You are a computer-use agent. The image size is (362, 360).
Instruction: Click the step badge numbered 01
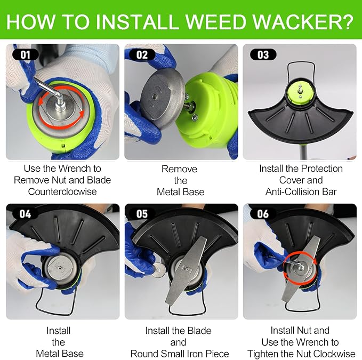pyautogui.click(x=26, y=55)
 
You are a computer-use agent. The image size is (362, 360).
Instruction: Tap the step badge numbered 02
pyautogui.click(x=142, y=55)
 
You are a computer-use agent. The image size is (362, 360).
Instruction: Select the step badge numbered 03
pyautogui.click(x=263, y=55)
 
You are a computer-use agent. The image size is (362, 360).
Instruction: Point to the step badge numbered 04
pyautogui.click(x=25, y=214)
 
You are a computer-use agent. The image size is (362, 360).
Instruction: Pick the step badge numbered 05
pyautogui.click(x=142, y=214)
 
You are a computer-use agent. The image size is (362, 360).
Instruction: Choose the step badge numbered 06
pyautogui.click(x=263, y=214)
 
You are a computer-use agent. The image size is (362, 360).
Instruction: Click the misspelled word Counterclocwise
pyautogui.click(x=62, y=191)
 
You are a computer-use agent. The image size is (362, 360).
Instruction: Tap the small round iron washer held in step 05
pyautogui.click(x=158, y=269)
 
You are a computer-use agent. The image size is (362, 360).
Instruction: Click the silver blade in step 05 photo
pyautogui.click(x=186, y=270)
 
